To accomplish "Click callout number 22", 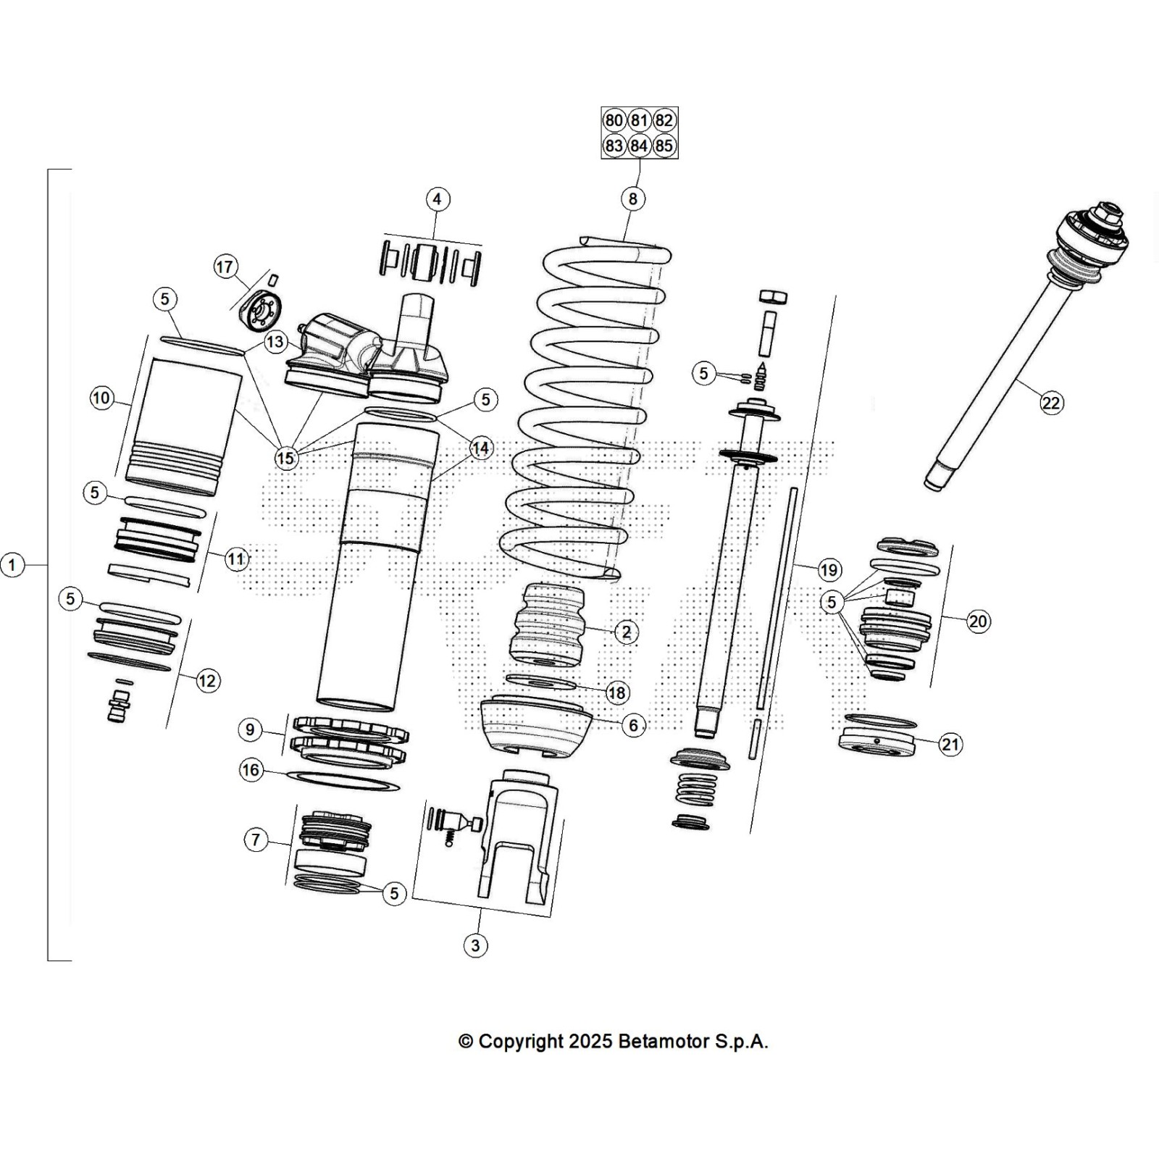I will pos(1050,402).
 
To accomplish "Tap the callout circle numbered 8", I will pos(632,198).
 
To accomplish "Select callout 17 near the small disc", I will pos(225,267).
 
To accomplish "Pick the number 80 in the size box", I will pos(614,120).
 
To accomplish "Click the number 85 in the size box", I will pos(664,146).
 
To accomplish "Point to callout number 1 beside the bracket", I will pos(12,564).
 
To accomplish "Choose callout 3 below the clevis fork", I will pos(475,945).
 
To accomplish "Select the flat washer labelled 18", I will pos(540,682).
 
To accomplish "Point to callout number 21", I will pos(950,744).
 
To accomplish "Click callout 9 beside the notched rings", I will pos(250,729).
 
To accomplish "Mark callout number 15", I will pos(285,458).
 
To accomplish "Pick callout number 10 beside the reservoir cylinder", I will pos(101,398).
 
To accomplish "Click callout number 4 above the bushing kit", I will pos(437,198).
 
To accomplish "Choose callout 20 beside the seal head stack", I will pos(978,621).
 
